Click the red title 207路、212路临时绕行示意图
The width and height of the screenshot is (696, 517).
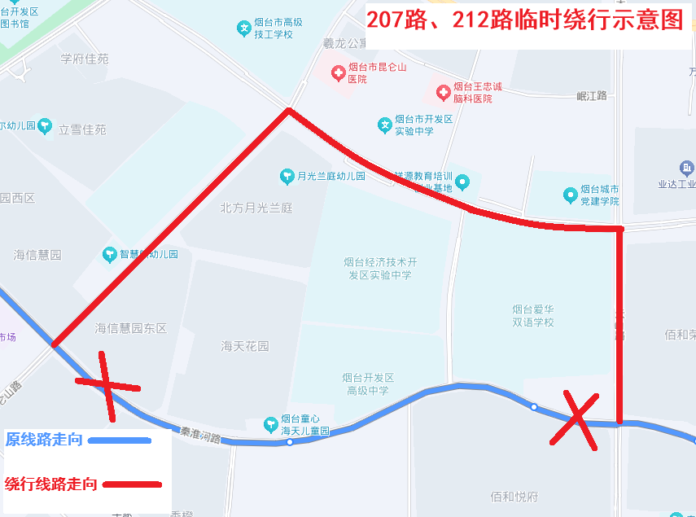[524, 20]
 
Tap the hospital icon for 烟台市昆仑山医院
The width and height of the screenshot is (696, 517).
[338, 73]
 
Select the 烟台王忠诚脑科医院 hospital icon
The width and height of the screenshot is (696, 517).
[443, 92]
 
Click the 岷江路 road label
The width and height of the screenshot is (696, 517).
[592, 96]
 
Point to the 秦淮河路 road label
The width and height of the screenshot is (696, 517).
[201, 436]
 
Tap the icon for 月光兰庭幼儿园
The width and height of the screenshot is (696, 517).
[287, 176]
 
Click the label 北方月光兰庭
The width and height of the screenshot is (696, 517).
[256, 208]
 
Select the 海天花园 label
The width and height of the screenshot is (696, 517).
[244, 346]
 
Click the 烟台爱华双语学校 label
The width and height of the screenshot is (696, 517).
[533, 315]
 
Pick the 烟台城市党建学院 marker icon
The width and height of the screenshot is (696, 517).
[571, 195]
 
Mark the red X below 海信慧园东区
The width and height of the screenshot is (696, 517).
[107, 384]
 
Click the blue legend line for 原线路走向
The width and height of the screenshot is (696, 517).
[120, 440]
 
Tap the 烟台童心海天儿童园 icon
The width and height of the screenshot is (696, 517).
[271, 424]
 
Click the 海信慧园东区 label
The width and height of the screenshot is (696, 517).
[130, 328]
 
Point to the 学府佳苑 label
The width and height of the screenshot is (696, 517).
[84, 59]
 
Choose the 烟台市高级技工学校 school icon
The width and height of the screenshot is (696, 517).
[243, 28]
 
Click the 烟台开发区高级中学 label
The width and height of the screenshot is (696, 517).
[368, 384]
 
